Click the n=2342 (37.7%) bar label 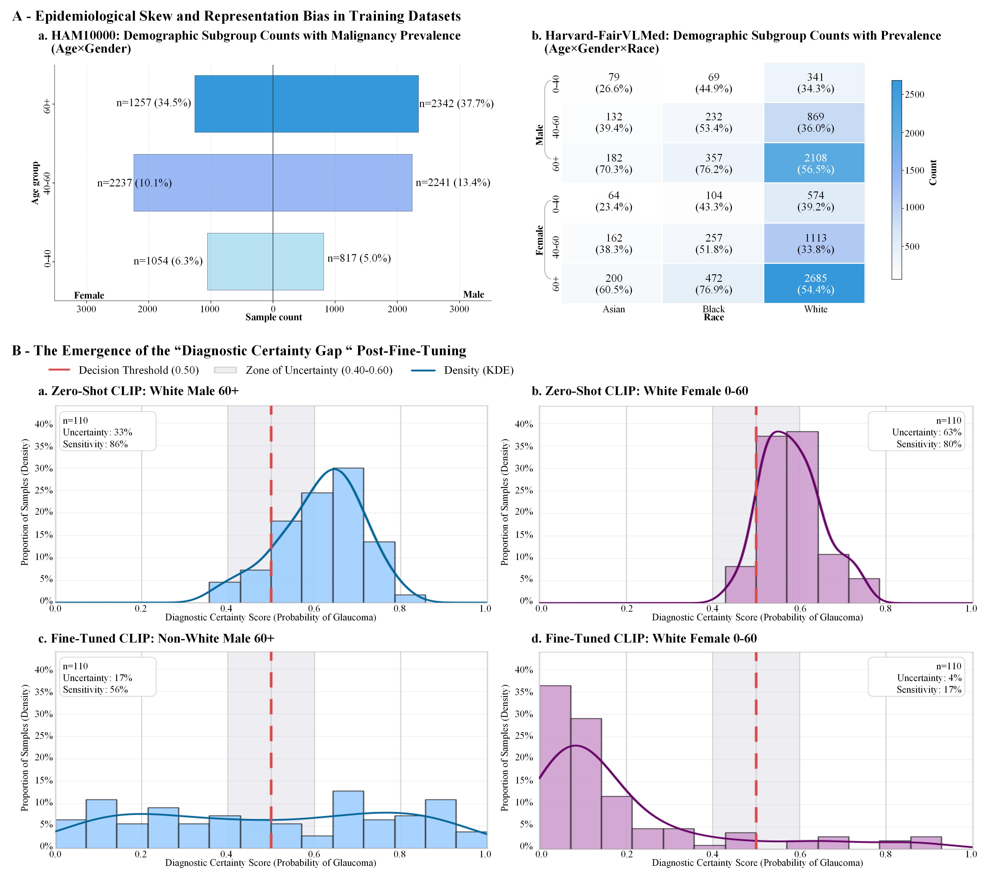point(456,104)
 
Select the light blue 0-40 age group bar point(265,262)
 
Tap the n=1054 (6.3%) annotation point(168,261)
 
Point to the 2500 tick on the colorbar point(914,95)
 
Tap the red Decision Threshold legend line point(59,370)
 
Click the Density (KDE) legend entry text point(479,370)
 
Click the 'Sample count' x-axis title point(273,317)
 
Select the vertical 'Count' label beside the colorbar point(933,172)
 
